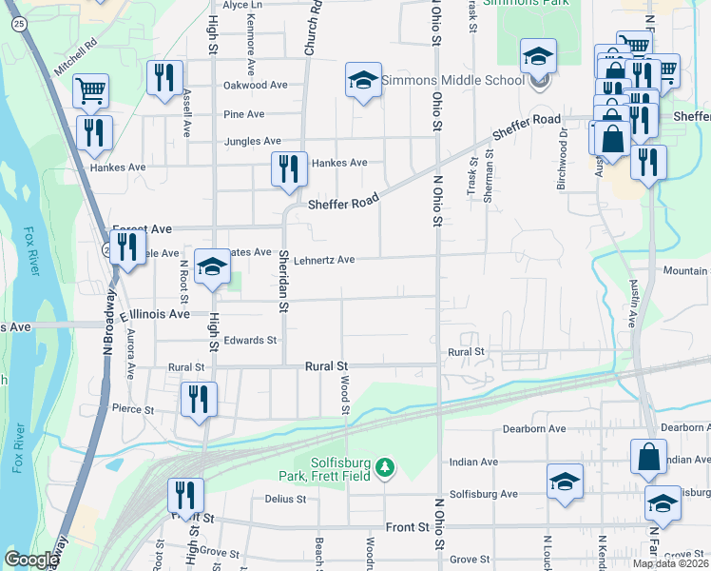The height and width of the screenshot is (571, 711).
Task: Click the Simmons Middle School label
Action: point(452,80)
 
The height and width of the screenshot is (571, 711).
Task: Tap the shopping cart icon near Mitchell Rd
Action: point(91,91)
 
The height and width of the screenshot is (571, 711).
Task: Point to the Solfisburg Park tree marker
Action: point(384,467)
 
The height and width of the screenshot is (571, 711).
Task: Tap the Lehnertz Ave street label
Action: point(324,260)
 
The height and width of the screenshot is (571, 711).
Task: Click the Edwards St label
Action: point(250,340)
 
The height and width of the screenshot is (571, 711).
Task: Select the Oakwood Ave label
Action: point(255,85)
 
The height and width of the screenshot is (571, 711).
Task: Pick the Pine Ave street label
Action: point(243,114)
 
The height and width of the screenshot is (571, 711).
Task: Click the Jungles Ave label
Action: point(253,141)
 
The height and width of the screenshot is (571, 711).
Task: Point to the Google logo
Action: point(31,560)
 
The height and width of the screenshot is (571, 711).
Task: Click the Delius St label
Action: point(285,499)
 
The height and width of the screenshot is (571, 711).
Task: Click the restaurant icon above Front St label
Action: point(185,495)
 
